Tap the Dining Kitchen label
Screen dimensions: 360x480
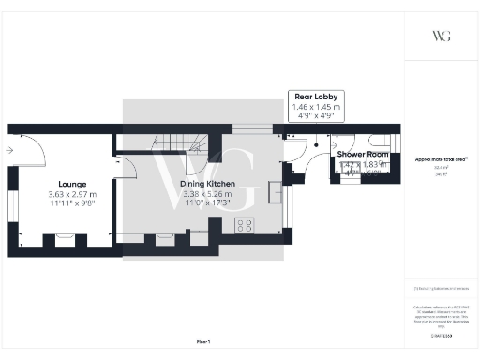coord(208,184)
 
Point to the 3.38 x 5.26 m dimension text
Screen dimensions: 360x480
coord(208,194)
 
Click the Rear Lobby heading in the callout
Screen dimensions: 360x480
coord(315,97)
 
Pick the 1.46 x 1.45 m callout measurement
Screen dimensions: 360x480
coord(315,107)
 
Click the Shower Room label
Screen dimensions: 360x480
coord(364,154)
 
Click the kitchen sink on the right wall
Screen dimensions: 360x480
coord(275,192)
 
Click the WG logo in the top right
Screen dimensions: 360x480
coord(441,36)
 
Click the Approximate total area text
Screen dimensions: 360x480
coord(441,159)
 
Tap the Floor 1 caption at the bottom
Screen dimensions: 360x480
coord(203,344)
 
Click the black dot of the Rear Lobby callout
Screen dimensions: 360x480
coord(316,145)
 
